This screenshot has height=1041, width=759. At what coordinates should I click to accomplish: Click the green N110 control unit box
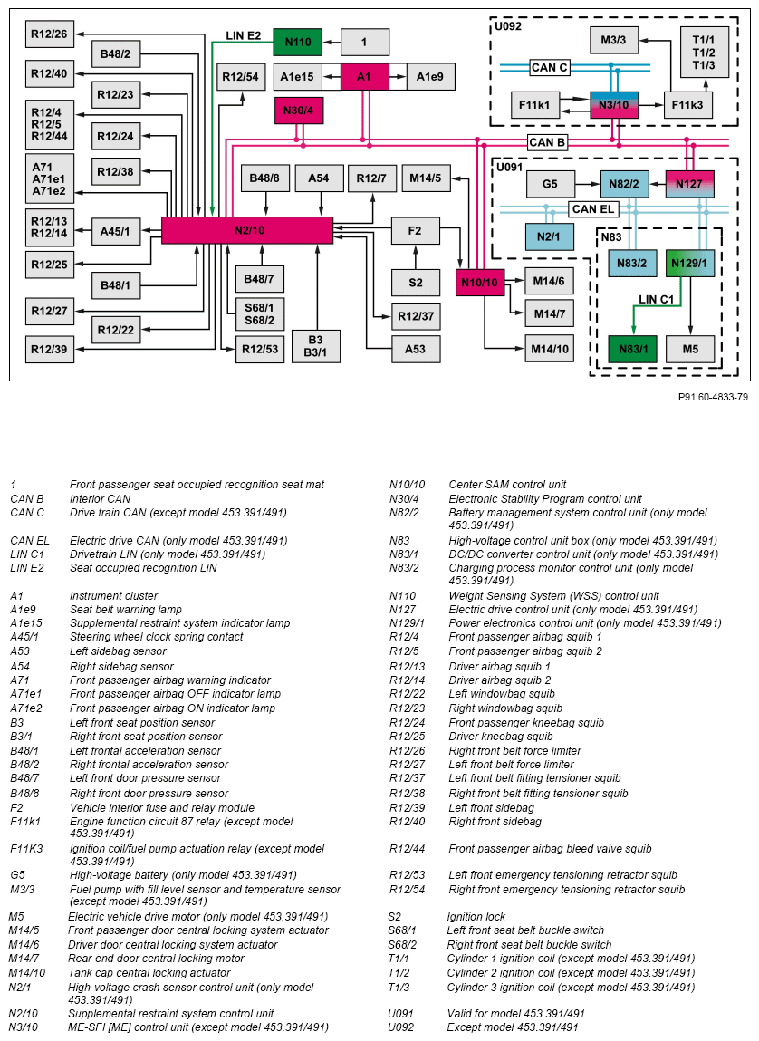(x=297, y=42)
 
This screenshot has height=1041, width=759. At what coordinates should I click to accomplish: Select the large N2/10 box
(x=247, y=230)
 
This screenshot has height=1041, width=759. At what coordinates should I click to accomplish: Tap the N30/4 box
(x=297, y=111)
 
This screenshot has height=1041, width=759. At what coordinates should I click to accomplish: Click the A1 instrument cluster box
(x=364, y=77)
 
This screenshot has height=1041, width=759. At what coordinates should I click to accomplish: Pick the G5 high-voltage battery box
(x=550, y=184)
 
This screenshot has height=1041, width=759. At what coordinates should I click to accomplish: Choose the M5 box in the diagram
(x=690, y=349)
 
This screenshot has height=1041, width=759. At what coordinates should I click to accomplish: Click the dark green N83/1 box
(x=633, y=349)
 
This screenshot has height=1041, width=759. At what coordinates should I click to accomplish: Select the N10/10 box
(x=479, y=283)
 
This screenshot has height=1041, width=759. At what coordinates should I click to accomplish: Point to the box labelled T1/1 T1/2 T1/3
(x=704, y=53)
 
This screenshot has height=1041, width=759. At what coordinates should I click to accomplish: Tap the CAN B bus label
(x=547, y=142)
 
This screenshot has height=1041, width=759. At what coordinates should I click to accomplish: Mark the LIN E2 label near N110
(x=244, y=35)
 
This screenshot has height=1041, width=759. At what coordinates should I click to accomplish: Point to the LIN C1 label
(x=656, y=297)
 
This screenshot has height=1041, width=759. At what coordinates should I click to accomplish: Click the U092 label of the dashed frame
(x=508, y=27)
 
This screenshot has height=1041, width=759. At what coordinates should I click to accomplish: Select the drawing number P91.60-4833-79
(x=713, y=397)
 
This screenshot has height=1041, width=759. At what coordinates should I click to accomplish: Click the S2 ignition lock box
(x=415, y=283)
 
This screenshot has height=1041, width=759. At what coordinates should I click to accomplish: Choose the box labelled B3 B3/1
(x=315, y=346)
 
